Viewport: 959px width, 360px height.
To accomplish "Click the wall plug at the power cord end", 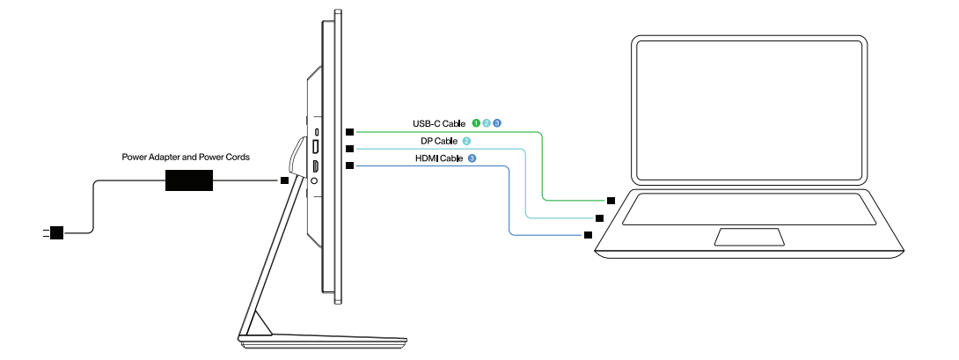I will pos(55,233).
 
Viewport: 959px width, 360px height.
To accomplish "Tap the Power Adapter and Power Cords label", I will pos(186,158).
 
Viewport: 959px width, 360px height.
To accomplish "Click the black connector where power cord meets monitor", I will pos(283,180).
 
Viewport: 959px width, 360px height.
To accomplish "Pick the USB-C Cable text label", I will pos(439,124).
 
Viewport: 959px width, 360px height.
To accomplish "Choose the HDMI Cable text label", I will pos(438,158).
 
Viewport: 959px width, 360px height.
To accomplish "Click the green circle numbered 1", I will pos(476,123).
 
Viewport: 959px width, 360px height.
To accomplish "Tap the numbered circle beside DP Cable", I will pos(467,141).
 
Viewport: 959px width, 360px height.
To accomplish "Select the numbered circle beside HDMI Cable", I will pos(472,158).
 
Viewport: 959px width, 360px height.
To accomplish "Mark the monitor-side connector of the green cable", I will pos(350,131).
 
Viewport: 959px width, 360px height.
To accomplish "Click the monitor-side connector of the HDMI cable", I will pos(350,165).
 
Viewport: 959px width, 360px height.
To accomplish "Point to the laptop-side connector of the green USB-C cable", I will pos(611,201).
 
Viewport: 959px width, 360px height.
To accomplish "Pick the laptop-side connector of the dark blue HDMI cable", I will pos(587,235).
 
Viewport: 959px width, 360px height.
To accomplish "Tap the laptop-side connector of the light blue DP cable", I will pos(599,217).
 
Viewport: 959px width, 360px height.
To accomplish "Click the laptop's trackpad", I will pos(749,236).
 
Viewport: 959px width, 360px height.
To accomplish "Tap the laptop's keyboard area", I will pos(749,208).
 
